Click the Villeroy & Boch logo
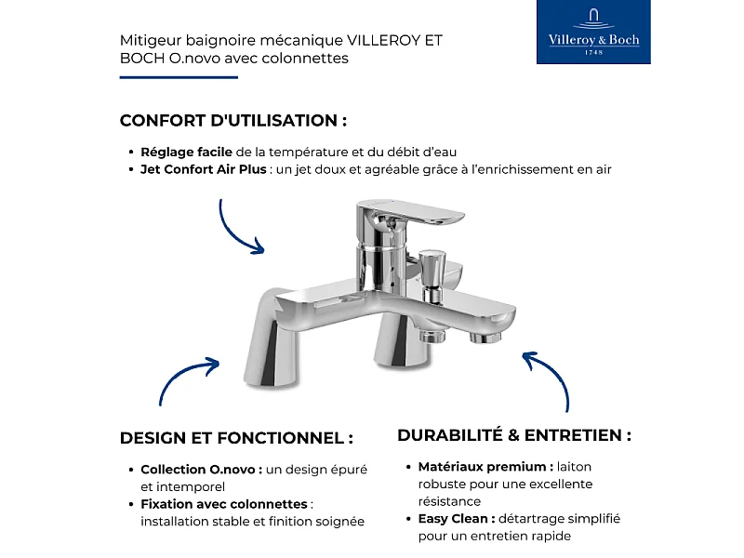(594, 33)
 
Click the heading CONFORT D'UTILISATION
(233, 121)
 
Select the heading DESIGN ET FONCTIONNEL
(236, 438)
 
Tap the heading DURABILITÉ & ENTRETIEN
(514, 435)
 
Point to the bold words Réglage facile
(186, 152)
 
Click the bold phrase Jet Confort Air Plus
(203, 169)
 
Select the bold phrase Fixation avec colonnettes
(224, 504)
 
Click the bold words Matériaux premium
(485, 467)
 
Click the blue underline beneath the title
(179, 77)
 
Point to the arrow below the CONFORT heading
(239, 227)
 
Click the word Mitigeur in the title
(149, 41)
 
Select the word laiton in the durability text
(575, 467)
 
